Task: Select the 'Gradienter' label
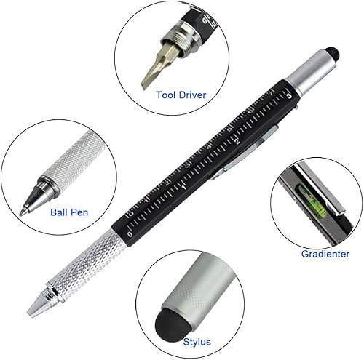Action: point(325,254)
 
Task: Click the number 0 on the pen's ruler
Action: point(130,234)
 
